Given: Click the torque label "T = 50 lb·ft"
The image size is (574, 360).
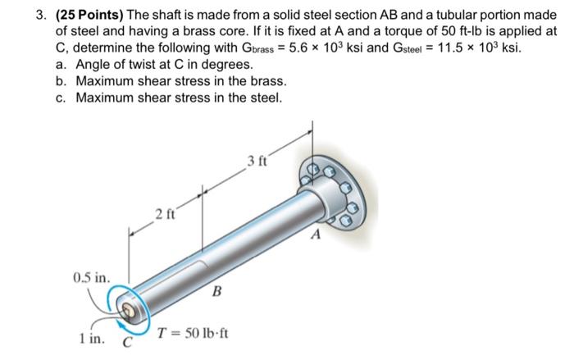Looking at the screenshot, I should pos(194,335).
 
